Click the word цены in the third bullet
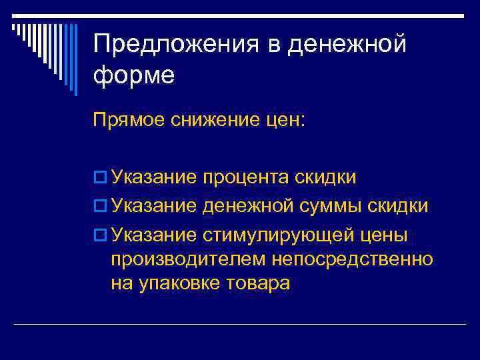[x=386, y=235]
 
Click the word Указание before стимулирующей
[x=154, y=235]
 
